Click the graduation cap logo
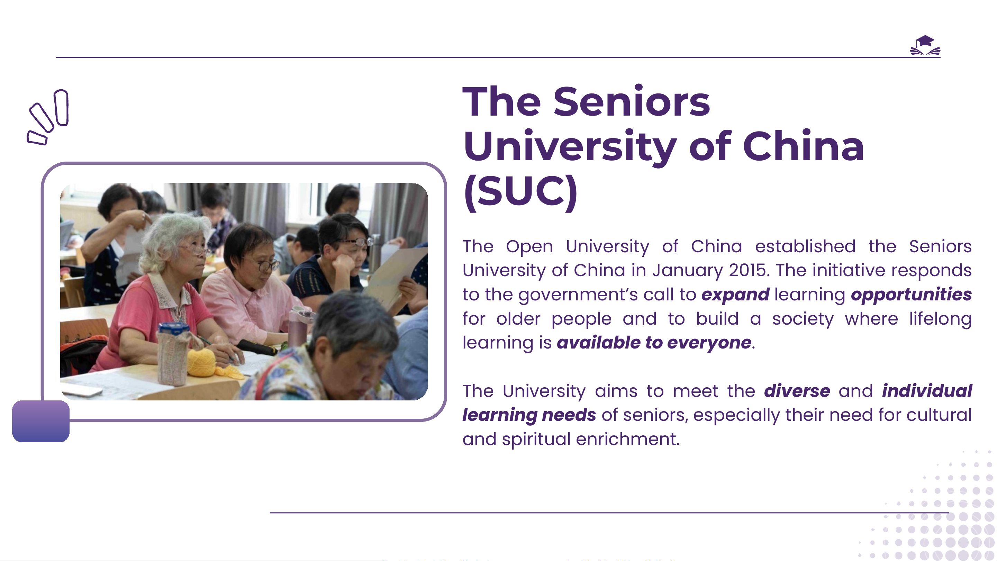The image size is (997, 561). tap(925, 45)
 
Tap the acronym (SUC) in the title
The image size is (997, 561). tap(520, 192)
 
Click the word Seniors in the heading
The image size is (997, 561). tap(631, 101)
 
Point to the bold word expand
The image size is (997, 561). tap(735, 295)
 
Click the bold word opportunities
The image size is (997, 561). tap(911, 295)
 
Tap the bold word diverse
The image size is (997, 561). tap(797, 391)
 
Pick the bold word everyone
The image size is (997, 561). tap(709, 343)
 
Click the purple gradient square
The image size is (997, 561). tap(40, 421)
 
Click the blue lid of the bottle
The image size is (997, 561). tap(173, 329)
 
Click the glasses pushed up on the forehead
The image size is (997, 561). tap(356, 242)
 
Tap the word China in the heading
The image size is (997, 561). tap(803, 146)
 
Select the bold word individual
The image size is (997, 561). tap(927, 391)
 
